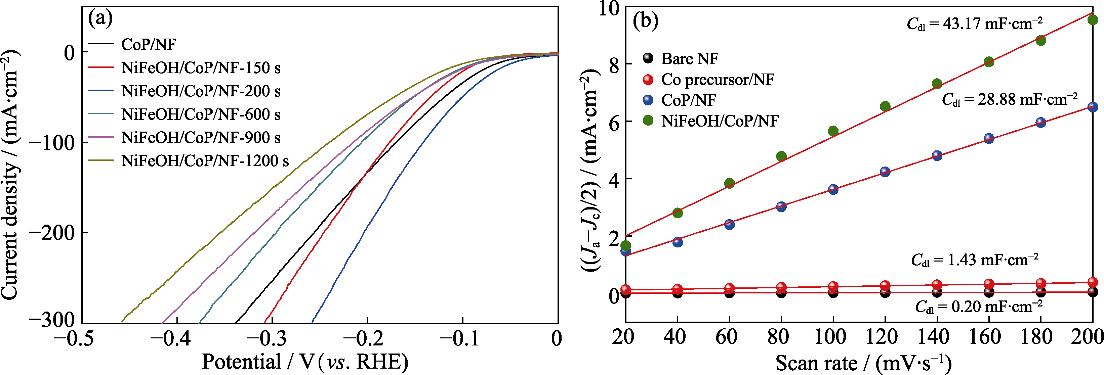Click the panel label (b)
tap(646, 20)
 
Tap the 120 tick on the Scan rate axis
tap(885, 337)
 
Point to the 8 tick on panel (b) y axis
tap(614, 64)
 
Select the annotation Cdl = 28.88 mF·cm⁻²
tap(1009, 100)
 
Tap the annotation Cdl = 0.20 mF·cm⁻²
tap(978, 307)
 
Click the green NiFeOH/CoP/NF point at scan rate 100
tap(833, 131)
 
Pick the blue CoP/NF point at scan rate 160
tap(989, 139)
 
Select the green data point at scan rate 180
tap(1040, 40)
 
